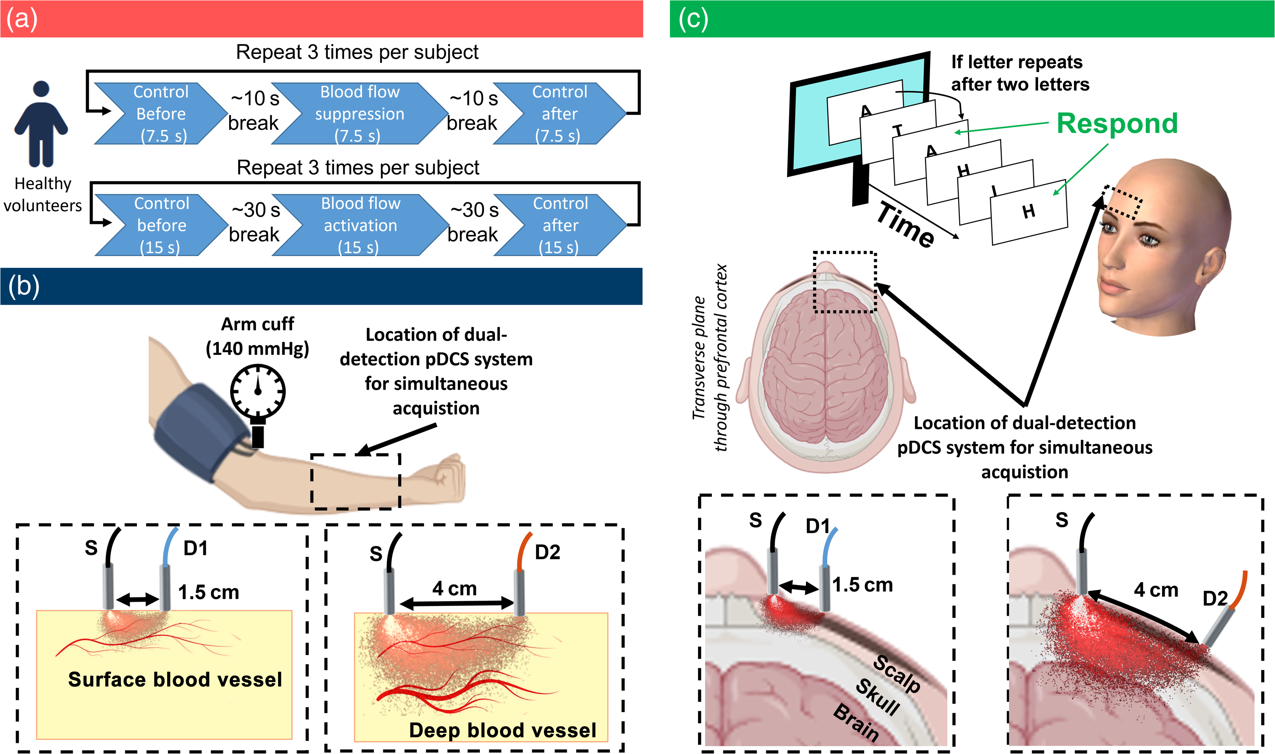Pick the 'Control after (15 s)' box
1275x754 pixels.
point(560,225)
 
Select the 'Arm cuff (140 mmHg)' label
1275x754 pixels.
point(258,336)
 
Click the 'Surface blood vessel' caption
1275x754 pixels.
point(175,679)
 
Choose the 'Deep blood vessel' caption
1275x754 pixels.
point(502,730)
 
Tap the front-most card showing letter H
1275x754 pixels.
point(1029,212)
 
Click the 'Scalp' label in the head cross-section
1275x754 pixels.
point(897,674)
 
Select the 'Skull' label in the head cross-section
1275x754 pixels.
point(878,697)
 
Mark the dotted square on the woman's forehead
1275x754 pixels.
point(1123,202)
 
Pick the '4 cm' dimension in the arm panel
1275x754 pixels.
point(455,588)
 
